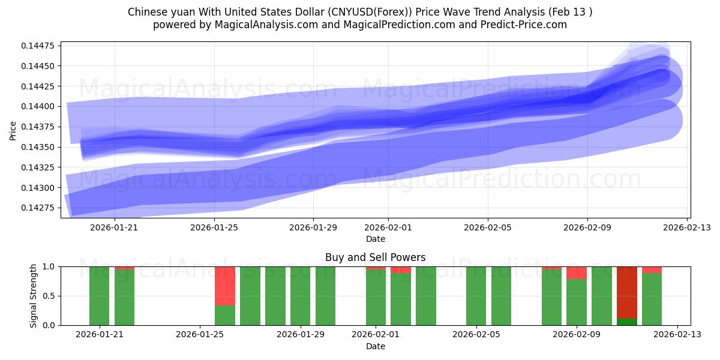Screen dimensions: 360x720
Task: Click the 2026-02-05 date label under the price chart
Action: [x=487, y=228]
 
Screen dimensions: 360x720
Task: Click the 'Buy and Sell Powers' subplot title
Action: [x=375, y=257]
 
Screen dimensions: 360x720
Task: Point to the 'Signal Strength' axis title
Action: [x=34, y=296]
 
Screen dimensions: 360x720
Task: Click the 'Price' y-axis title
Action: [x=13, y=130]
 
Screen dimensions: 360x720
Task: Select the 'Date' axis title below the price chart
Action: [x=375, y=239]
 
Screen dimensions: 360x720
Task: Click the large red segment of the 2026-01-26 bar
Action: [x=225, y=286]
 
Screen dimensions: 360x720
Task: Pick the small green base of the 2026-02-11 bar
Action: [x=627, y=322]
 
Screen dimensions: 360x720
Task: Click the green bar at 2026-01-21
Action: [x=100, y=296]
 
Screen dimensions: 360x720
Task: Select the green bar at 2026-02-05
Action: [x=476, y=296]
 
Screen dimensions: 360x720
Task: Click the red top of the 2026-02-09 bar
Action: [x=577, y=273]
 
